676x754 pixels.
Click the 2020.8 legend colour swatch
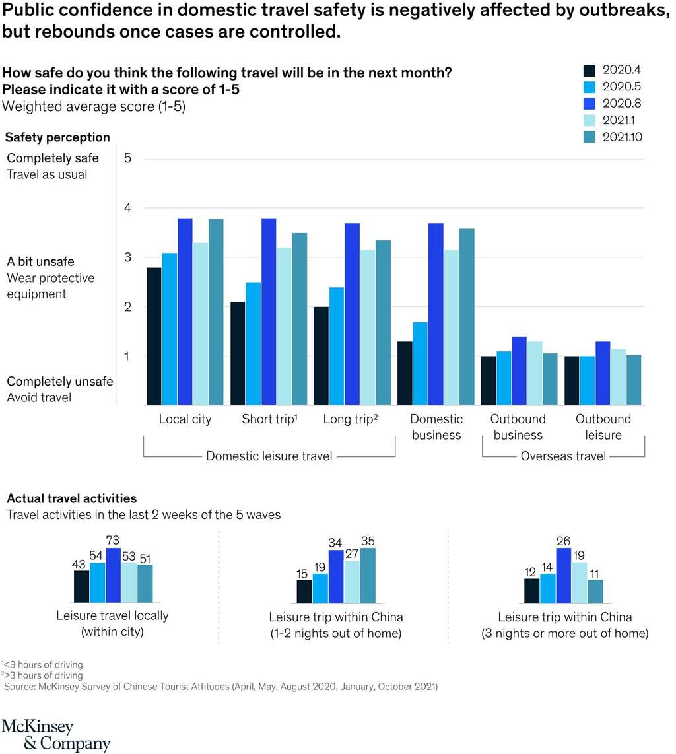pos(590,103)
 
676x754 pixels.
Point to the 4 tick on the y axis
pos(128,208)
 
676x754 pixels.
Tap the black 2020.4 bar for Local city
pos(154,336)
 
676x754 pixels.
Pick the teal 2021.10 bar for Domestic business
pos(467,317)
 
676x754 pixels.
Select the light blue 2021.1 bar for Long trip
pos(368,327)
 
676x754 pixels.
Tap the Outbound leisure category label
pos(603,427)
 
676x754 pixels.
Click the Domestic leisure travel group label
pos(269,456)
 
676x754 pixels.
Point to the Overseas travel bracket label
pos(563,456)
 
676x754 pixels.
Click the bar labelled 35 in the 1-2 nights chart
pos(367,575)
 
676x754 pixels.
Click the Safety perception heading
pos(57,137)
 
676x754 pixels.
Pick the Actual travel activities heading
pos(71,498)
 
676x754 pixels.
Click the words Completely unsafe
pos(59,382)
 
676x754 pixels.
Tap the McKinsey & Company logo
pos(56,735)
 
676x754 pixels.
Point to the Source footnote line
pos(220,687)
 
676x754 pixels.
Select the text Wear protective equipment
pos(50,286)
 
